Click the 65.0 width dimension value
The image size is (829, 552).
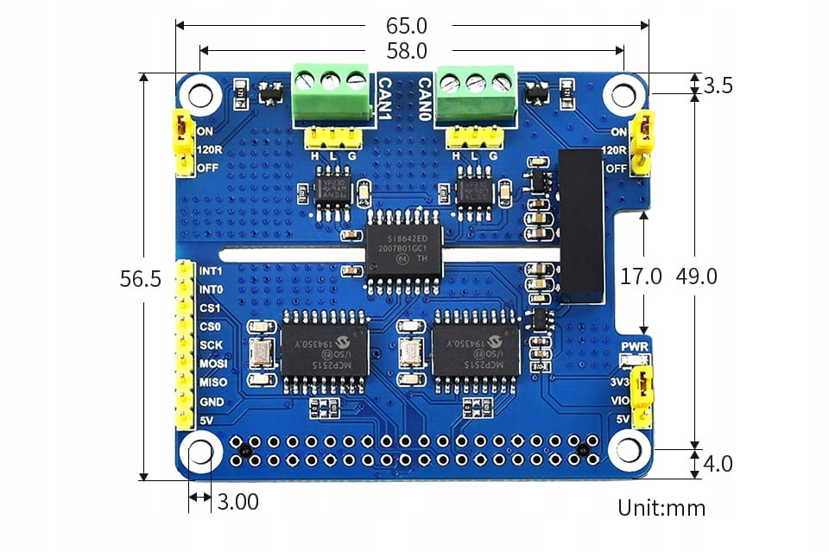point(407,26)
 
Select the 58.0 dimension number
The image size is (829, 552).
point(407,52)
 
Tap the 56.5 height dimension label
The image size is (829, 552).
point(140,279)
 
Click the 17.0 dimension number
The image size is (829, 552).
point(642,276)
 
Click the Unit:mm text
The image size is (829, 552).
point(661,507)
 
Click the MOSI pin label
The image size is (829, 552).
point(212,364)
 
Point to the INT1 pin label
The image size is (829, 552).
point(211,270)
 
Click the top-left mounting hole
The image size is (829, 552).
point(201,92)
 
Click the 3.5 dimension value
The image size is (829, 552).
point(718,85)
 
